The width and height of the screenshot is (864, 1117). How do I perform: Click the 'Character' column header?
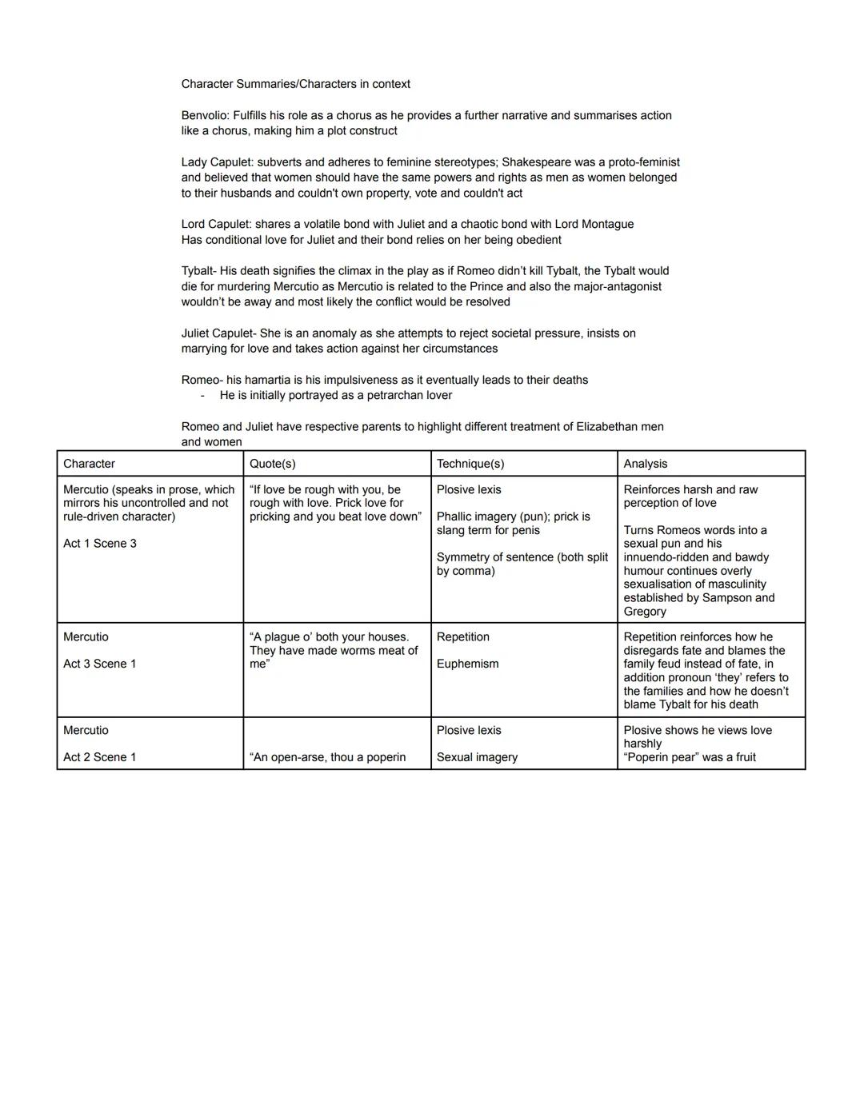tap(89, 464)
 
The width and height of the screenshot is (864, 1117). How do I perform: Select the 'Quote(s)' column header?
tap(272, 464)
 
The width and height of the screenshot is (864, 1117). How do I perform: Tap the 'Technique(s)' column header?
tap(470, 464)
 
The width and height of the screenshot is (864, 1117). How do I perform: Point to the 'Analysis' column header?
tap(645, 464)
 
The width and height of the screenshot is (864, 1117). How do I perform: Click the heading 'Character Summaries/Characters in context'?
tap(295, 84)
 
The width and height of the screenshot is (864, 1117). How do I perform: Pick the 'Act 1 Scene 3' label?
tap(100, 544)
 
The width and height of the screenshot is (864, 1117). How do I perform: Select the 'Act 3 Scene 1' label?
tap(100, 664)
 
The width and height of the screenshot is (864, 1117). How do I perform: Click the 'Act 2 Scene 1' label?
tap(100, 757)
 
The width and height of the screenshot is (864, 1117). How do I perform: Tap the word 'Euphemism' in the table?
tap(467, 664)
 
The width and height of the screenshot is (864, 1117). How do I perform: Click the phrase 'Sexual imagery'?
tap(477, 757)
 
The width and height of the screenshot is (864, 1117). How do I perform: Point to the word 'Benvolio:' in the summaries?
tap(205, 115)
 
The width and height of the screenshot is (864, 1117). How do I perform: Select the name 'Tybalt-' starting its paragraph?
tap(198, 271)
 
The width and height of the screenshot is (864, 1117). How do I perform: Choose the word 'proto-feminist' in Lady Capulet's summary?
tap(644, 162)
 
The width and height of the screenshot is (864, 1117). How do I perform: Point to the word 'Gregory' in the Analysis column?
tap(645, 612)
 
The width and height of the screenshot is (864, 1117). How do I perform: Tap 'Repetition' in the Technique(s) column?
tap(463, 637)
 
